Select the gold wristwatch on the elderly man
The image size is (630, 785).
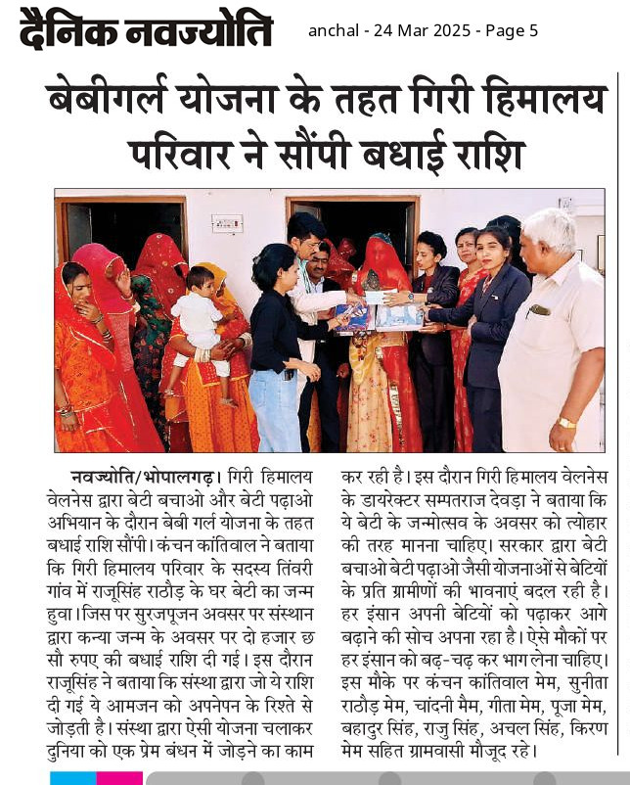point(567,422)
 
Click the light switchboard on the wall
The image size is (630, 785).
point(227,223)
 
